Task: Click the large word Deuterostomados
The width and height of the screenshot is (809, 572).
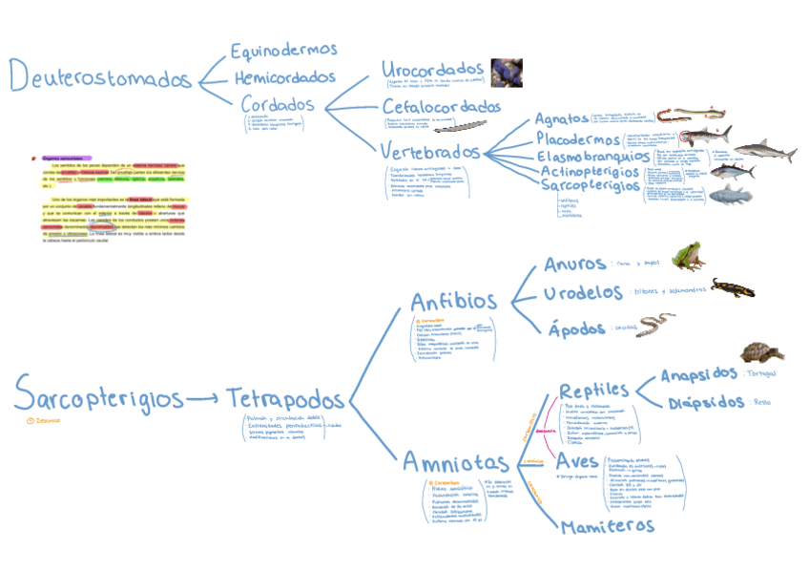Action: [100, 76]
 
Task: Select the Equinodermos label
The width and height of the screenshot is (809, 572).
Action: [283, 50]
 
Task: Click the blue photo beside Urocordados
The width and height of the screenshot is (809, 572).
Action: [506, 73]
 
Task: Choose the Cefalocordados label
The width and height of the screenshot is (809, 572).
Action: [441, 106]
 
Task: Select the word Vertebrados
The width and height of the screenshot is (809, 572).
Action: [430, 152]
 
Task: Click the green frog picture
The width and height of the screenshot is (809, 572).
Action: [687, 256]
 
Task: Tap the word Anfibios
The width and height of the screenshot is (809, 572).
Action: [453, 303]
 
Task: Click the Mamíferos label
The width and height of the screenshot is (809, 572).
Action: [608, 526]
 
